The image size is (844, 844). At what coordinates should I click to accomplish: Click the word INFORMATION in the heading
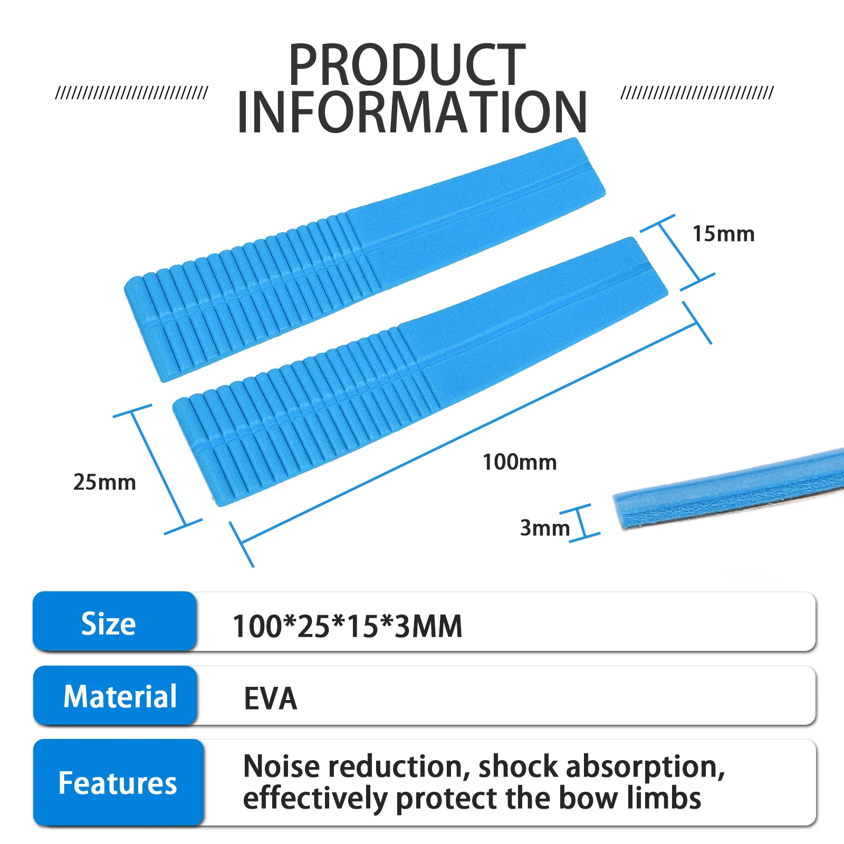[412, 112]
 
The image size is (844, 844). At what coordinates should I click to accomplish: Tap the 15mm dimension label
[723, 234]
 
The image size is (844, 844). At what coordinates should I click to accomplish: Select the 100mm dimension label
[520, 462]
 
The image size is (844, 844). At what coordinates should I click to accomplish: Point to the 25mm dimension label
[104, 482]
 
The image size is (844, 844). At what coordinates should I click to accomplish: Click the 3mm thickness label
[545, 527]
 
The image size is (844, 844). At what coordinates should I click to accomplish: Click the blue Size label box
[114, 621]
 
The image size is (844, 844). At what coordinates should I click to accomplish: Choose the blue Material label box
[115, 696]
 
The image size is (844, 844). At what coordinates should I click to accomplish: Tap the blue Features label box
[118, 782]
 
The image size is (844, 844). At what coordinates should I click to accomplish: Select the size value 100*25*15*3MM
[347, 626]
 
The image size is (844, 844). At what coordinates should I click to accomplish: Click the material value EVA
[271, 698]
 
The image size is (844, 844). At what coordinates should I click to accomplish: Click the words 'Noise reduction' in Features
[357, 766]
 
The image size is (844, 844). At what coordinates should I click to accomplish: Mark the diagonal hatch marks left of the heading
[132, 93]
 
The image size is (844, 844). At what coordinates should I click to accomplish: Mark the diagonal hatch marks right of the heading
[697, 93]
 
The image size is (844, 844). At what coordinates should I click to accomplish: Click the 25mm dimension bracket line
[158, 469]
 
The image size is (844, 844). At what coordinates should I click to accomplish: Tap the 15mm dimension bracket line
[678, 253]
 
